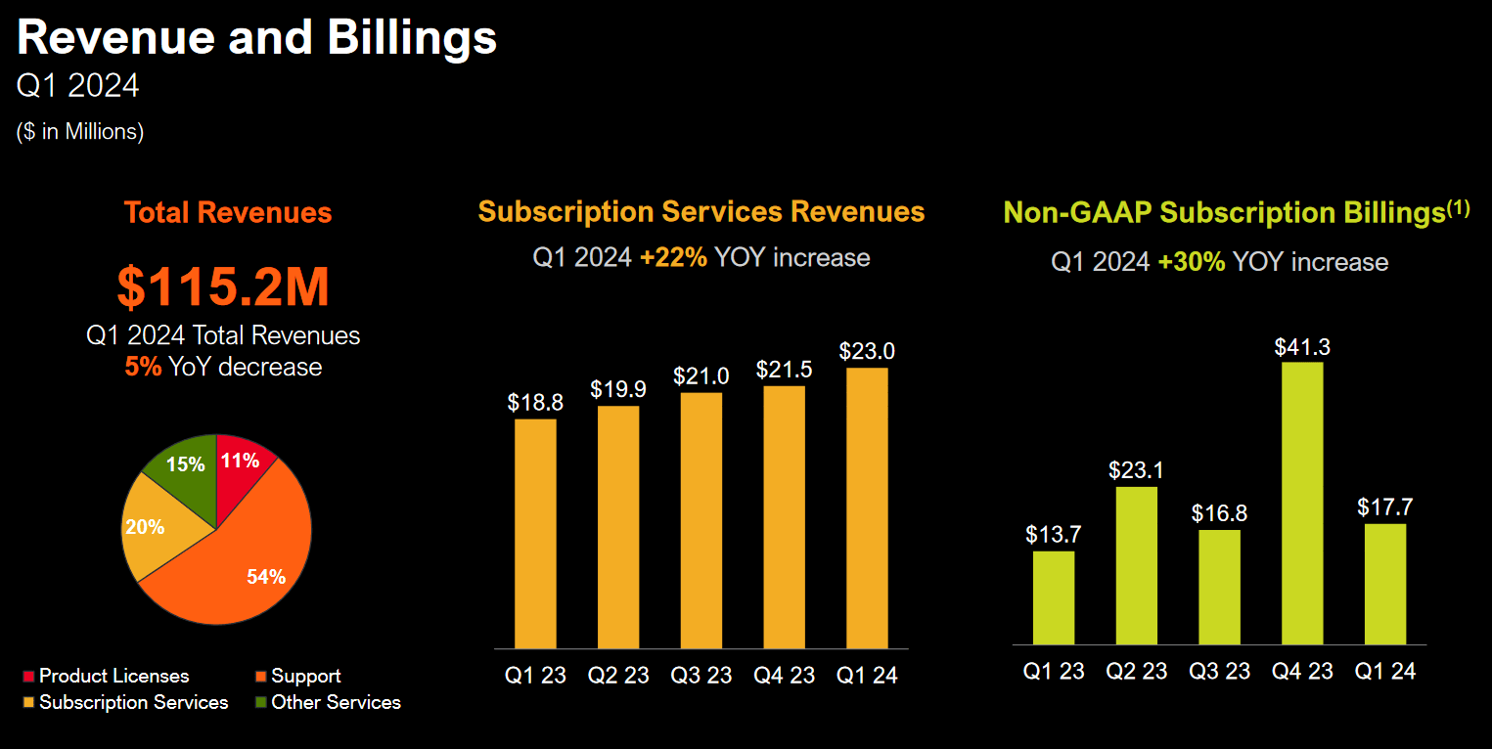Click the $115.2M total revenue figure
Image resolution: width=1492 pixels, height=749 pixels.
click(223, 287)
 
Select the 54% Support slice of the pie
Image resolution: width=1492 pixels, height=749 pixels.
click(249, 567)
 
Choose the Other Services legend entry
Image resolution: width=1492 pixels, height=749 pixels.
click(327, 702)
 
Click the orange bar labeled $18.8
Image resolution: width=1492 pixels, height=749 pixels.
click(535, 533)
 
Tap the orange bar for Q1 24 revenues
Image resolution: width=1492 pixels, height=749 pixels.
click(867, 507)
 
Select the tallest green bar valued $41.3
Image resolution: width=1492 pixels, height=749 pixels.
click(1302, 503)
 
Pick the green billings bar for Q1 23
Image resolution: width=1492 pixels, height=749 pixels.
click(1054, 597)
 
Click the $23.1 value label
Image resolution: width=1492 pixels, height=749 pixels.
click(1136, 469)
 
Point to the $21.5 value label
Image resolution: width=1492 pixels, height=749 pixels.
click(784, 370)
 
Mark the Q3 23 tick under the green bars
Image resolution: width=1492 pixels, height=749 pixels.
click(1219, 672)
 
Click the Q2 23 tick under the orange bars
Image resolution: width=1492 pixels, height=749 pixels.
click(618, 676)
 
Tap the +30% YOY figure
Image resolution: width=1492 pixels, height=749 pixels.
click(1191, 262)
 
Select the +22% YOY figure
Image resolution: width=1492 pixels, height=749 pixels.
click(673, 258)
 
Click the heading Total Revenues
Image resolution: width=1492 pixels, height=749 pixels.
click(228, 213)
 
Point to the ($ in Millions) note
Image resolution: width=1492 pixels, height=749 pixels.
click(80, 132)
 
